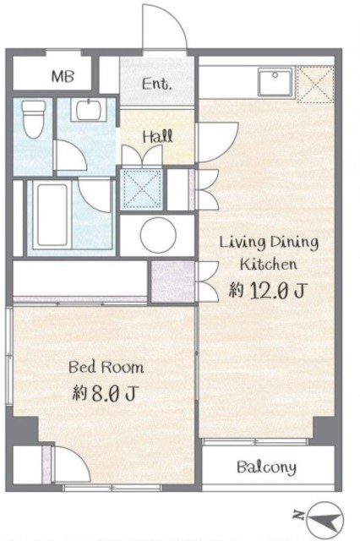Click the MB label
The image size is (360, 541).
coord(63,76)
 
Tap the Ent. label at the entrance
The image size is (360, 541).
coord(157,84)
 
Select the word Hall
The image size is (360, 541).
coord(158,137)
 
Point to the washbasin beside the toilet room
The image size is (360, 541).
coord(89,109)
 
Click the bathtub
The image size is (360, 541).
coord(52,215)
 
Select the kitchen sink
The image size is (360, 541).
coord(275,82)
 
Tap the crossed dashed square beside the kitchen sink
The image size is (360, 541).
coord(315,85)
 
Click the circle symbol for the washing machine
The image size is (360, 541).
coord(158,235)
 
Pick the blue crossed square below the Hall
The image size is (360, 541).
coord(143,189)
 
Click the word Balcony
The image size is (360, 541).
coord(266,467)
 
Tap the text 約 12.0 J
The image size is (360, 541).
coord(266,291)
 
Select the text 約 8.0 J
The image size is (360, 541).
coord(105,392)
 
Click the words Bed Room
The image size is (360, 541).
coord(106,367)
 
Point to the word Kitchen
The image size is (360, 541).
coord(268,265)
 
